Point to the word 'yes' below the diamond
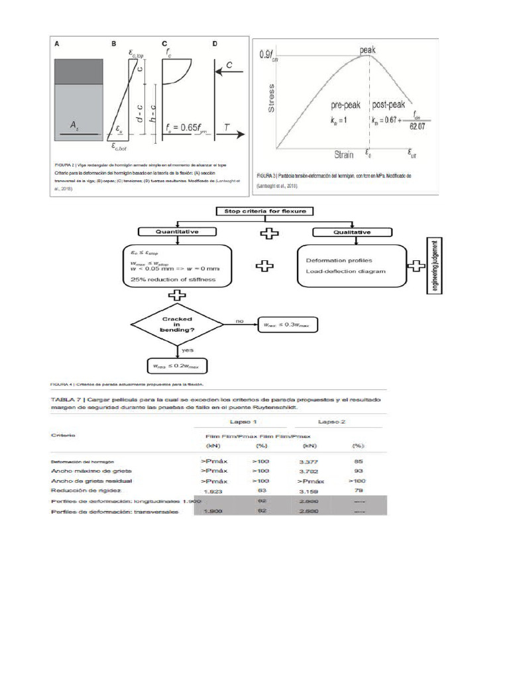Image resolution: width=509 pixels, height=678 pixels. point(188,350)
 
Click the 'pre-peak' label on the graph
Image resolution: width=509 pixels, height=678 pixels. point(345,105)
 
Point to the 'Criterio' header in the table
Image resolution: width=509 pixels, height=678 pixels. point(63,435)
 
